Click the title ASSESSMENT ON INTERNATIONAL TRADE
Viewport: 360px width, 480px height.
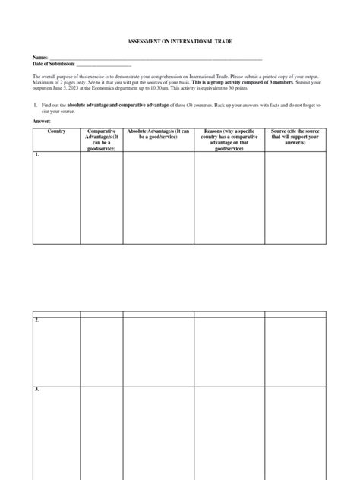[179, 44]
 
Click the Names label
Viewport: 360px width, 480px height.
[39, 58]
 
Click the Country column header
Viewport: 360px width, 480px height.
[55, 131]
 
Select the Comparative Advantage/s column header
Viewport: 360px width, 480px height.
[101, 137]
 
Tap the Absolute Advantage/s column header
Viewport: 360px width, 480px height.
[158, 134]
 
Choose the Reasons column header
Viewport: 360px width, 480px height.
[229, 137]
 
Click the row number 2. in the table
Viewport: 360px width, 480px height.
[36, 320]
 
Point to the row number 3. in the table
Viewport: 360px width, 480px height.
[36, 389]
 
